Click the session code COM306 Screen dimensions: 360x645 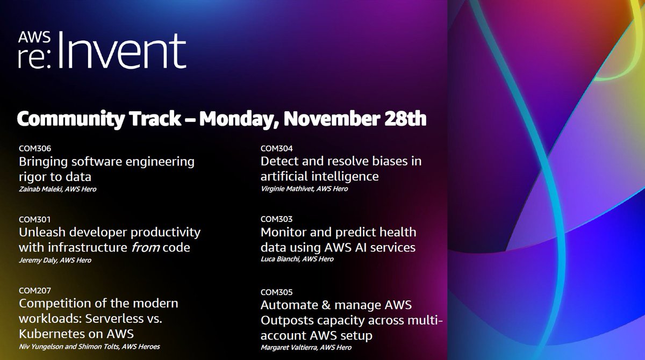[x=34, y=148]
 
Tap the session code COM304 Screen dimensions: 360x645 [x=276, y=148]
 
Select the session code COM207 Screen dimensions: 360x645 [x=34, y=291]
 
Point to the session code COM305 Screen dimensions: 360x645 [x=276, y=293]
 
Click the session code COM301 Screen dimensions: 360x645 [x=34, y=219]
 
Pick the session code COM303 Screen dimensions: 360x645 [x=276, y=219]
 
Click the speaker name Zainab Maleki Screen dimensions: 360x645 [x=40, y=189]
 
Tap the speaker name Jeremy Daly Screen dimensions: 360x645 [x=37, y=260]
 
